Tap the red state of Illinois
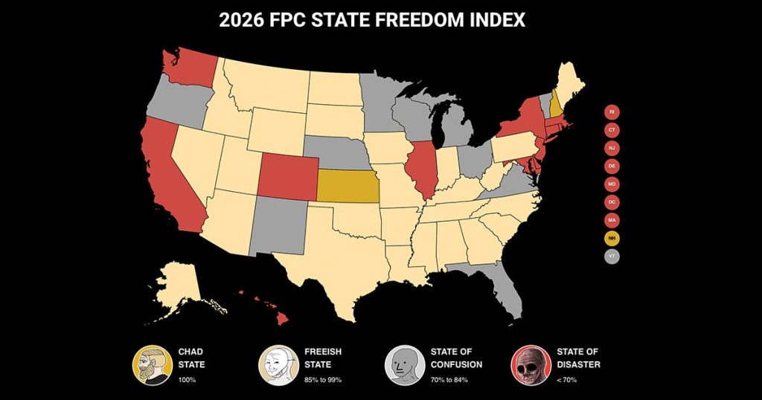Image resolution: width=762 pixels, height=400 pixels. [422, 168]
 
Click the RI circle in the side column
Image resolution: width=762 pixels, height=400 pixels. [612, 112]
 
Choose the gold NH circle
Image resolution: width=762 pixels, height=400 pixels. [612, 239]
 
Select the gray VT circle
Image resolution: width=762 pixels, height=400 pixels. [612, 257]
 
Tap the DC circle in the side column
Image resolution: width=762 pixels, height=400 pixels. [612, 202]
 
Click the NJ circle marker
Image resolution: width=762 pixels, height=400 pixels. [612, 148]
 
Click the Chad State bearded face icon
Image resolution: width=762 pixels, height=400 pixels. [148, 364]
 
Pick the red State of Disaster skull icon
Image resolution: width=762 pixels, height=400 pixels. [528, 364]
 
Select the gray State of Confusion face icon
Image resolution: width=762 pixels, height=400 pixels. [401, 364]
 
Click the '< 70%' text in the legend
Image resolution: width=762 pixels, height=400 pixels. [566, 380]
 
